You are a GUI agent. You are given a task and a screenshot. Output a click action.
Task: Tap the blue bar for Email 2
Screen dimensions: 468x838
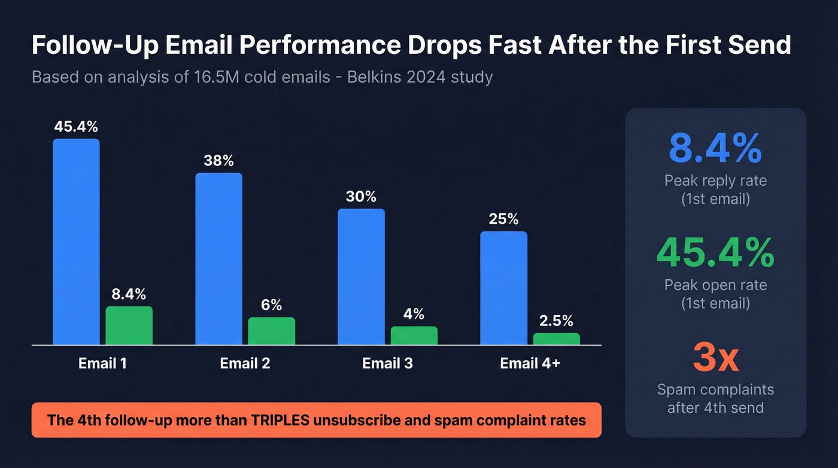point(218,259)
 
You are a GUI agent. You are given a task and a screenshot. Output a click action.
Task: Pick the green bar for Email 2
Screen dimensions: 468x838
point(272,331)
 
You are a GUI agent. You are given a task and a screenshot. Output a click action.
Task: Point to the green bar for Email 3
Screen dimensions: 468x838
point(414,336)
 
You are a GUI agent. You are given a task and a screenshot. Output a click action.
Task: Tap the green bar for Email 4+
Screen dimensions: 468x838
point(557,339)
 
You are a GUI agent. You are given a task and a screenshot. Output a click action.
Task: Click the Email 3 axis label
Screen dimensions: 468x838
point(387,363)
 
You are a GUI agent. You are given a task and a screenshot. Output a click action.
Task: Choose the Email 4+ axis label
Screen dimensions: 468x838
point(530,363)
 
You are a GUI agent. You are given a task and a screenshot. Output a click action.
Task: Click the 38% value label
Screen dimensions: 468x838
point(218,161)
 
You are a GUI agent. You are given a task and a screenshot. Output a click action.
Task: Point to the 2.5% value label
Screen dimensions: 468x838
point(556,321)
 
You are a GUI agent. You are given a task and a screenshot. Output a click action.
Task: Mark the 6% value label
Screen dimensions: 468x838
point(271,304)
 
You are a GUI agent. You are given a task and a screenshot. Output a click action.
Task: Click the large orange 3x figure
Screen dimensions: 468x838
point(715,357)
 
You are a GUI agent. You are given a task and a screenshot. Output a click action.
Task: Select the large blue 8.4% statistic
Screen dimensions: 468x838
point(715,149)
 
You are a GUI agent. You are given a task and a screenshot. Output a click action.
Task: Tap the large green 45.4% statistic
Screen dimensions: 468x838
point(715,253)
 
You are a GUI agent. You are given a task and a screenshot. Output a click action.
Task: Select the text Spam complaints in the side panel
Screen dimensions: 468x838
point(715,390)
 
